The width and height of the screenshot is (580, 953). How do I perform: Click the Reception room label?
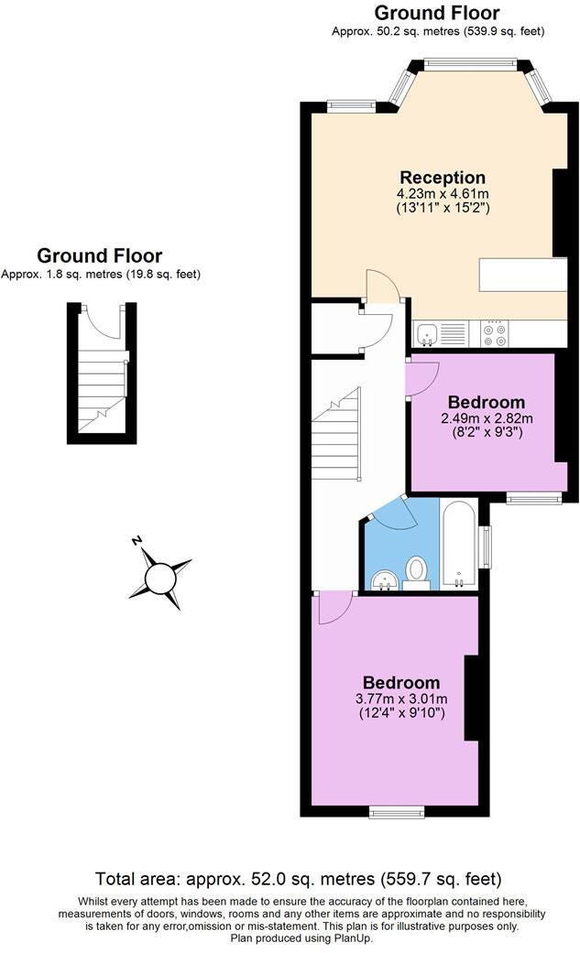tap(443, 178)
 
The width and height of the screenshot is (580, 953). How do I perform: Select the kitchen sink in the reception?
tap(427, 334)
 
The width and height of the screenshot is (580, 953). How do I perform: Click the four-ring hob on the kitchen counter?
tap(495, 333)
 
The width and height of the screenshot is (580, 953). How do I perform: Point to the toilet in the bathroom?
tap(417, 574)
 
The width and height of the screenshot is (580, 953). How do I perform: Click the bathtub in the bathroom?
tap(458, 544)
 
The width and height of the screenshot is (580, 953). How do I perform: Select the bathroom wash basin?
tap(385, 579)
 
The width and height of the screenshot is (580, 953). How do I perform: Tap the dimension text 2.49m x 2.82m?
tap(487, 418)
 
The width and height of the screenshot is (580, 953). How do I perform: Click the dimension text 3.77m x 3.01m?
tap(400, 699)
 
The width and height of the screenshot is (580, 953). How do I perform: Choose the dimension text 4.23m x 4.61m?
tap(443, 193)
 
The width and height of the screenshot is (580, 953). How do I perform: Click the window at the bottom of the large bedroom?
tap(397, 811)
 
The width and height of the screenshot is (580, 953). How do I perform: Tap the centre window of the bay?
tap(470, 65)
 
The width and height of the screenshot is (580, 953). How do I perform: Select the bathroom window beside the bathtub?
tap(486, 547)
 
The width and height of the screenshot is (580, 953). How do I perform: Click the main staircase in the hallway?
tap(335, 434)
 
